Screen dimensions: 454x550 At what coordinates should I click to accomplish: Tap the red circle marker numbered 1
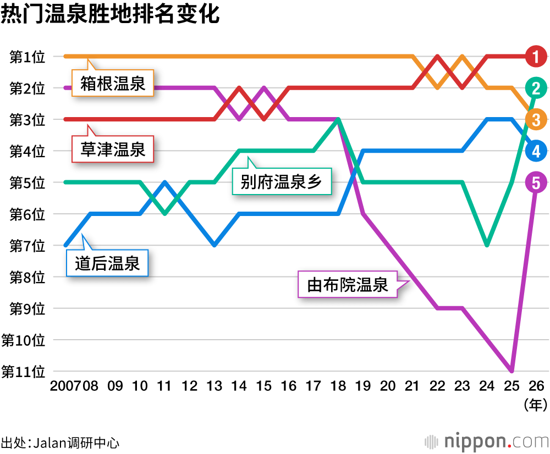[536, 56]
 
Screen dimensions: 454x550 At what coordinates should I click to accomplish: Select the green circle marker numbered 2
[536, 87]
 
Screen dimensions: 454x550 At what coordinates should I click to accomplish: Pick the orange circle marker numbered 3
[536, 119]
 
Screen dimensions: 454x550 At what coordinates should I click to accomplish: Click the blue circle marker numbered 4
[536, 150]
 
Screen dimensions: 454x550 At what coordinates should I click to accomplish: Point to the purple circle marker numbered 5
[536, 182]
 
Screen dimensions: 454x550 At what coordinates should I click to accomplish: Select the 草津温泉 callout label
[113, 150]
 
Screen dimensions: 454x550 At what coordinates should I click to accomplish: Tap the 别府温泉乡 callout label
[281, 181]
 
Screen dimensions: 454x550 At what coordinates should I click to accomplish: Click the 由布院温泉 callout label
[348, 285]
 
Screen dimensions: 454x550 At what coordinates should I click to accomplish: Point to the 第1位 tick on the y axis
[27, 57]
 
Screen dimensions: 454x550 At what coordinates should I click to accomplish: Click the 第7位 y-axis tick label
[27, 246]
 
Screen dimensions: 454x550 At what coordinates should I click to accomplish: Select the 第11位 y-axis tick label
[23, 372]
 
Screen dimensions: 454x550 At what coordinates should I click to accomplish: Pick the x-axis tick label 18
[338, 386]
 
